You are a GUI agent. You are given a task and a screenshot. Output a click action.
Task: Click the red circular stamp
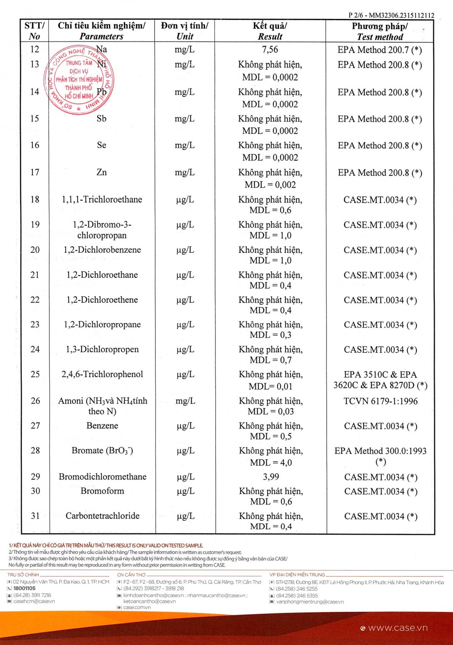point(78,80)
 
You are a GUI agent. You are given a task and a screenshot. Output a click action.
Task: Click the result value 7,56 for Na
point(270,49)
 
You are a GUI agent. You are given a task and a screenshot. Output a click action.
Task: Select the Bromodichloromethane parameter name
point(102,476)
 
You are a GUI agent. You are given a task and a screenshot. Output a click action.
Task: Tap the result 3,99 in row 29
point(271,476)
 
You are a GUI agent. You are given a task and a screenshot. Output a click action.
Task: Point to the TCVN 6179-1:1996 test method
point(380,401)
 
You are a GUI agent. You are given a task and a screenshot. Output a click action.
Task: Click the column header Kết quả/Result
point(270,31)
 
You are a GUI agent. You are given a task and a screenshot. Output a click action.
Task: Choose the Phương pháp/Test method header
point(380,31)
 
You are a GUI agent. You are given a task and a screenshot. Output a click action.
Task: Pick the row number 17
point(35,172)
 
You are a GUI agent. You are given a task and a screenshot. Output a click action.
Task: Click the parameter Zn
point(101,172)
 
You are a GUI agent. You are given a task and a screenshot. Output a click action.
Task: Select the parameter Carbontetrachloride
point(102,516)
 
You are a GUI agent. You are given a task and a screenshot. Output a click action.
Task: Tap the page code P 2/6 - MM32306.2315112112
point(391,15)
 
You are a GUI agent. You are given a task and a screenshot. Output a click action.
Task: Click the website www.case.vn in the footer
point(398,628)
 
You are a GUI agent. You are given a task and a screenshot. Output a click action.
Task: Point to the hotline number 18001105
point(24,588)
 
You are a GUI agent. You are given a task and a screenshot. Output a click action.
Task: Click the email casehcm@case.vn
point(34,601)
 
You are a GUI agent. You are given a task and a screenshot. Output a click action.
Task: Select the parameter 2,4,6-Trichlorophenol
point(102,374)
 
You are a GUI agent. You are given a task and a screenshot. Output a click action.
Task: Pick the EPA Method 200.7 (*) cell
point(380,50)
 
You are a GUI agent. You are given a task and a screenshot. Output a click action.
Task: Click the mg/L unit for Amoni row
point(185,401)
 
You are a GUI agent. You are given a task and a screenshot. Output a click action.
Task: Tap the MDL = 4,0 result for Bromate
point(271,463)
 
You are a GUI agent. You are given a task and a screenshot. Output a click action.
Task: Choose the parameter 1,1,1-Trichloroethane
point(102,200)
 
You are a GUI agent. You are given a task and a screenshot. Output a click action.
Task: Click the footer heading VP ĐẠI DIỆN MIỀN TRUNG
point(297,574)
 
